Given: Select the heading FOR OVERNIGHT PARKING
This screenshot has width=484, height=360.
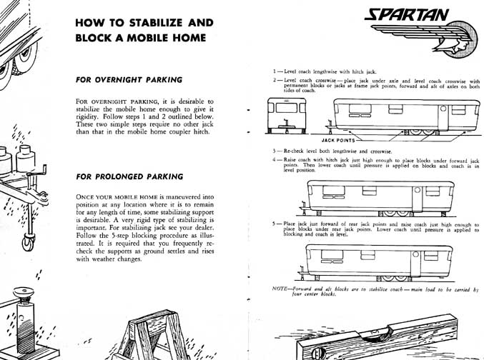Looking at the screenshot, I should [x=129, y=79].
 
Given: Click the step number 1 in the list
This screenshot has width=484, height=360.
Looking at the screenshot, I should [x=275, y=72].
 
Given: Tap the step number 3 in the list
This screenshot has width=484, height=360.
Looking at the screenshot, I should [x=275, y=152].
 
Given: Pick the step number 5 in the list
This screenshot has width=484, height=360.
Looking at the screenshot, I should [x=275, y=224].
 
